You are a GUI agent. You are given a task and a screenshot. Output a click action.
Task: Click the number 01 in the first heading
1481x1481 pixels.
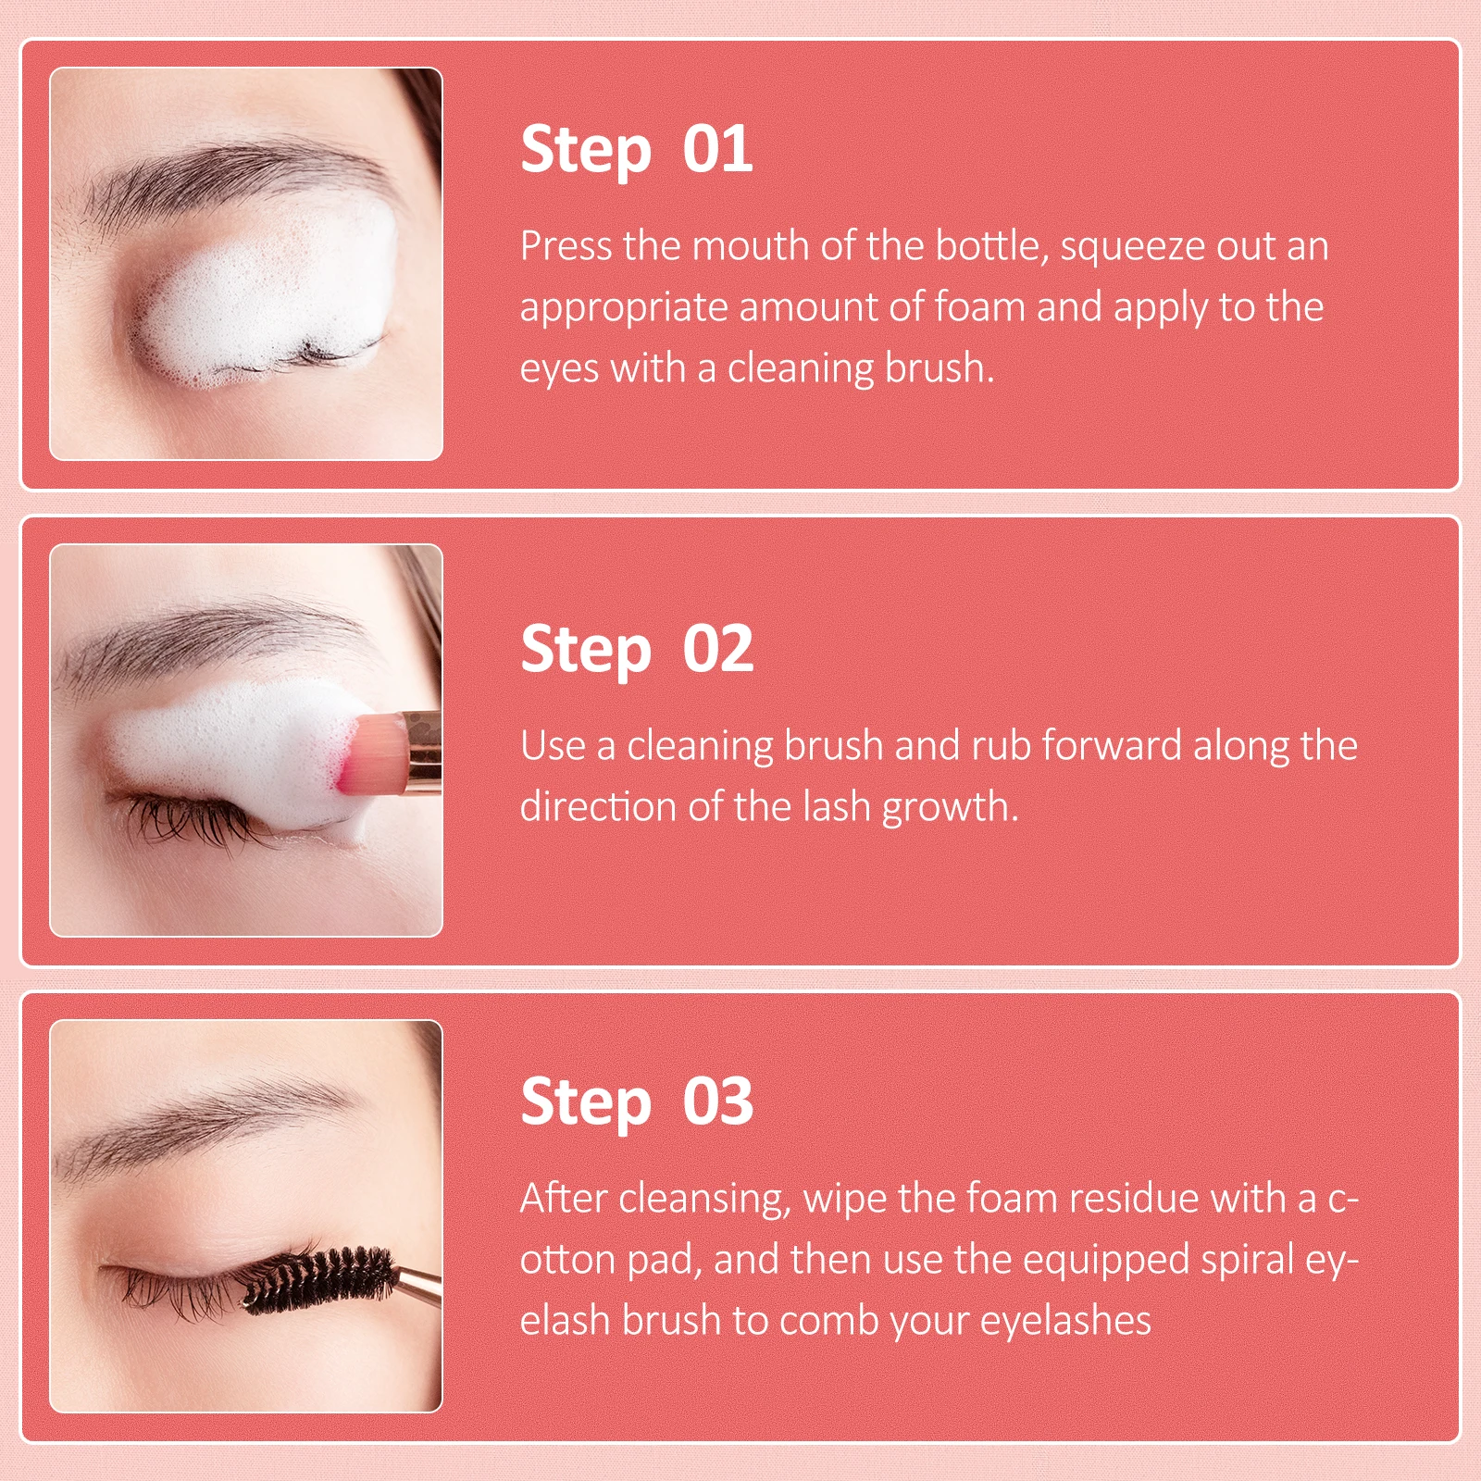[x=717, y=149]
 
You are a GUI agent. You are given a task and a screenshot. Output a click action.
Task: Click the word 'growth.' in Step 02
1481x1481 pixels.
[x=950, y=808]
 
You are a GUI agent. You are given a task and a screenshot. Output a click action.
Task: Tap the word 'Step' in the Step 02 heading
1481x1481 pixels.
[x=586, y=650]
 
